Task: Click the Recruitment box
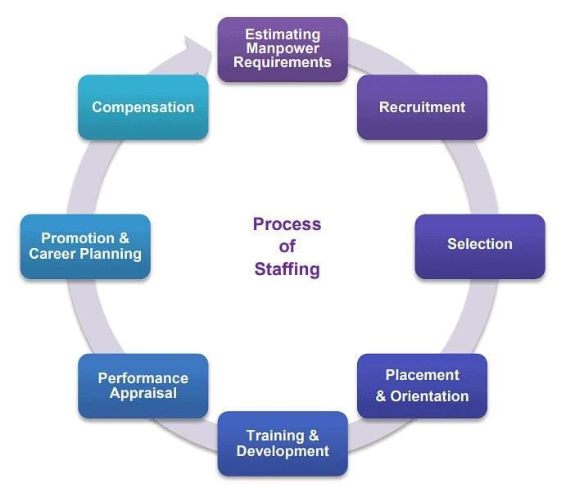(422, 107)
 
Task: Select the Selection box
(479, 245)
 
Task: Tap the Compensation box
(143, 107)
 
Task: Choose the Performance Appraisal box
(143, 386)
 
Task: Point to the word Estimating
(283, 34)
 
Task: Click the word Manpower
(283, 48)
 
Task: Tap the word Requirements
(283, 62)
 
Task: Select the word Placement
(422, 375)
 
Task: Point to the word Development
(283, 451)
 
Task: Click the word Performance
(143, 378)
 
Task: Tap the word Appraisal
(143, 393)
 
